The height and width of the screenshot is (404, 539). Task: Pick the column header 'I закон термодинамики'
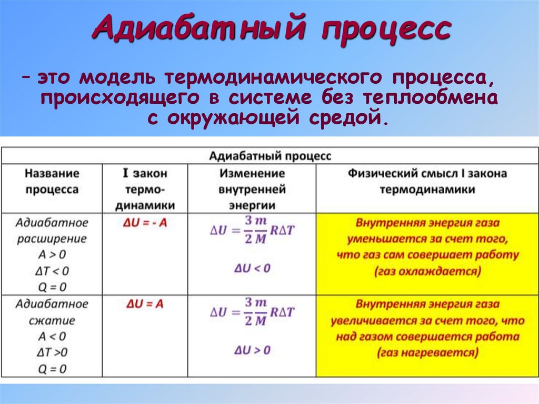point(145,189)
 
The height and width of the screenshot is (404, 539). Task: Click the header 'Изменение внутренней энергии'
point(252,189)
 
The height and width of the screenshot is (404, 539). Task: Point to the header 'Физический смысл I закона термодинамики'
point(426,181)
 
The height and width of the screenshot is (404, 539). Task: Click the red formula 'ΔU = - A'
point(144,223)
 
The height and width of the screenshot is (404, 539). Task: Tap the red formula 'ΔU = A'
point(145,304)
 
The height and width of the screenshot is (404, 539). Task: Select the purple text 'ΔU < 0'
point(252,268)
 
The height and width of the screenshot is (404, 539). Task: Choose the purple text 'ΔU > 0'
point(252,350)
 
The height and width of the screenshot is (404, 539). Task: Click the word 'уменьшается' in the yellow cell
point(385,239)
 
